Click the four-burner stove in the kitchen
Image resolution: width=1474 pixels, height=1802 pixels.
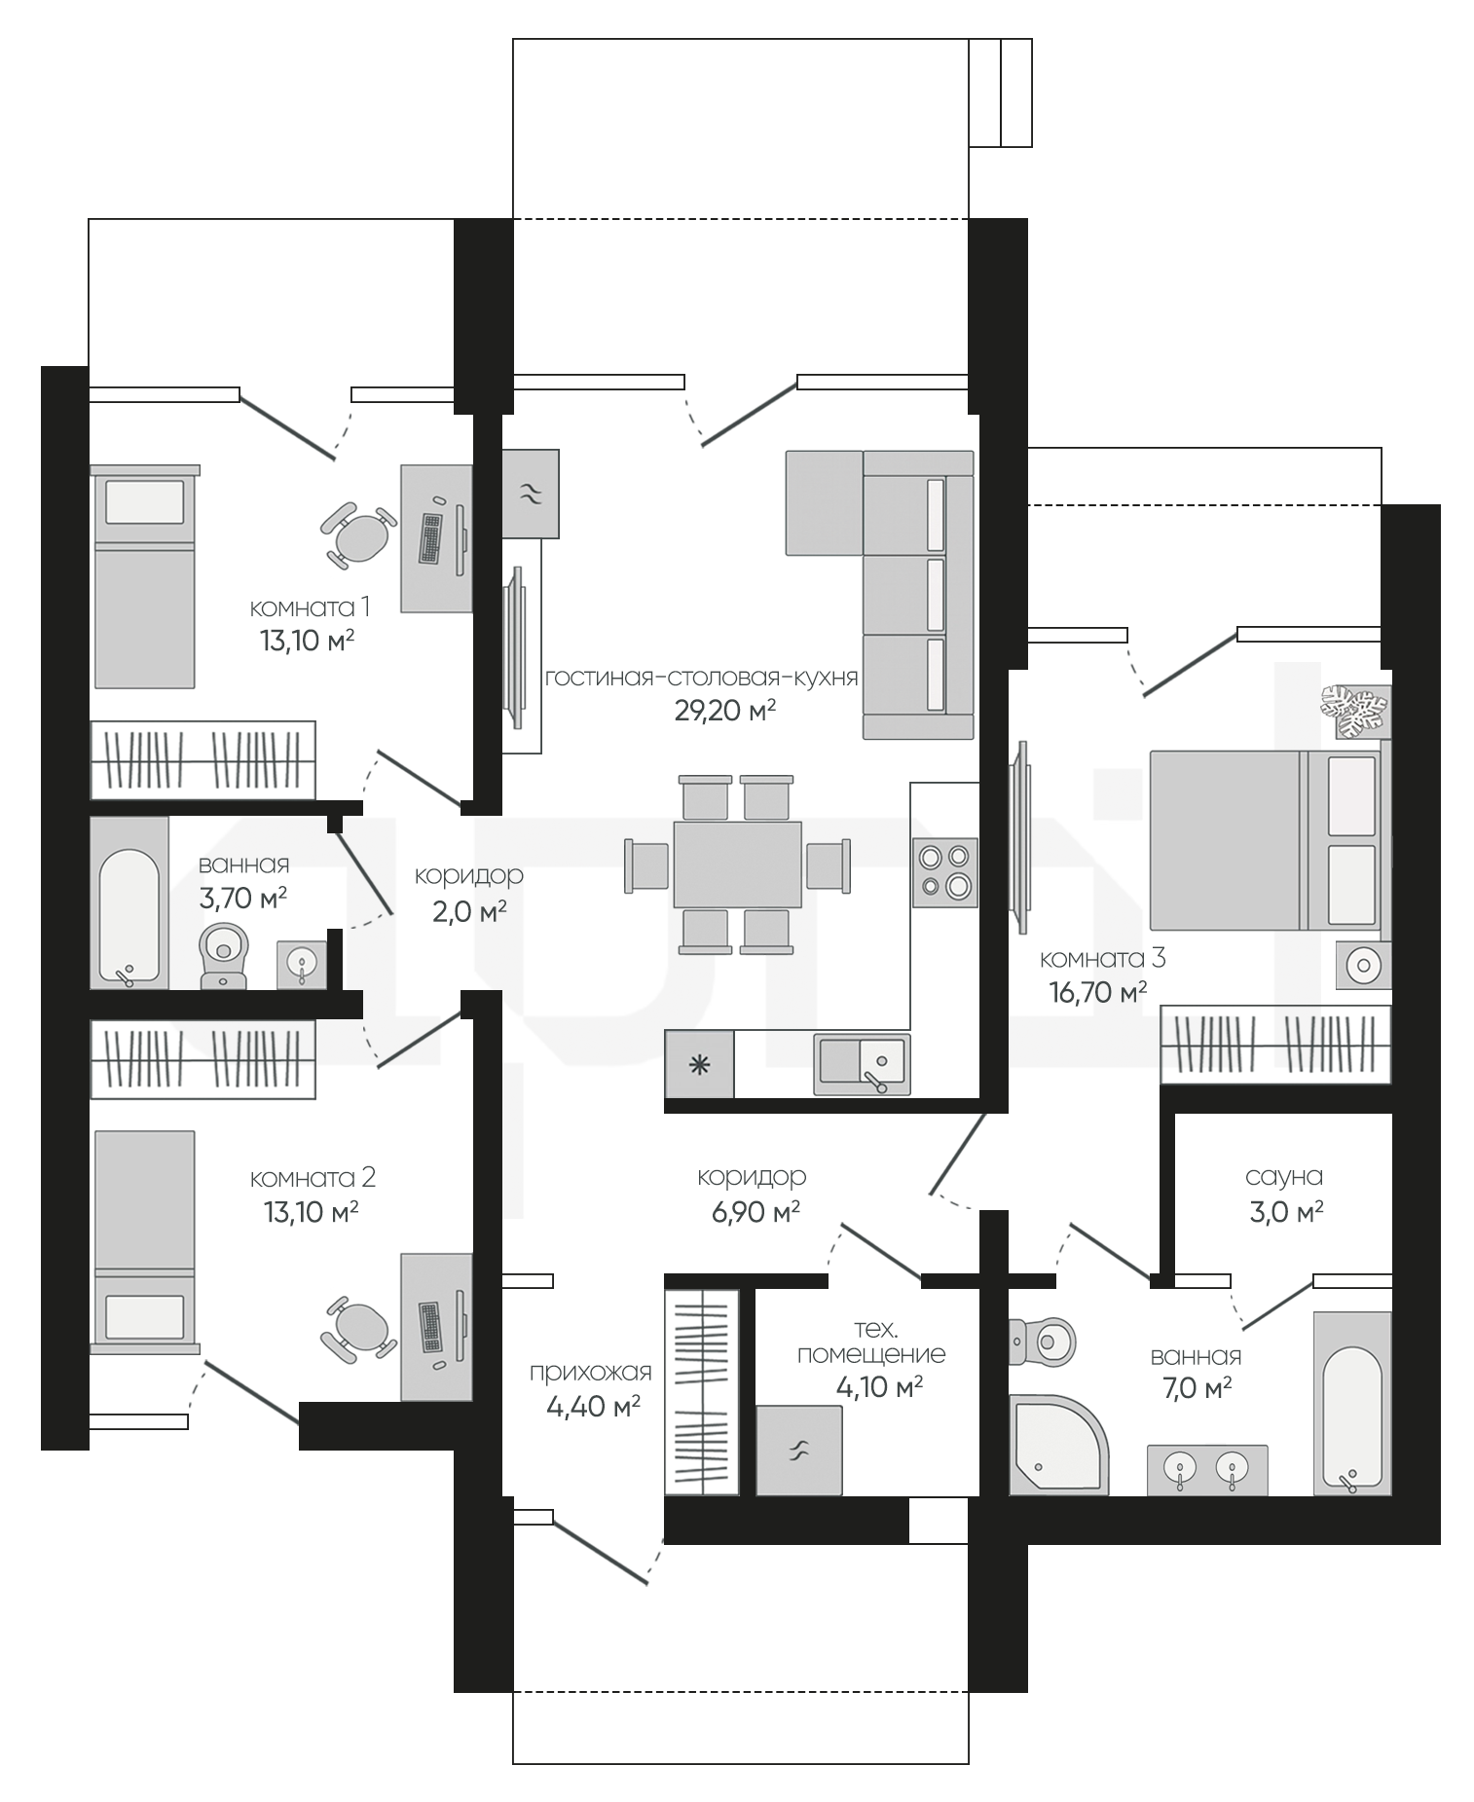point(944,872)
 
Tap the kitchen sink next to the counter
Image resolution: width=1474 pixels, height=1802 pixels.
point(862,1064)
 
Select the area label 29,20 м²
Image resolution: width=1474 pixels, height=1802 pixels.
point(725,711)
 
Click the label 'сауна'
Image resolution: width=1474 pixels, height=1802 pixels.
point(1284,1176)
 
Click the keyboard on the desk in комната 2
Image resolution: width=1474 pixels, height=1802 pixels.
point(429,1326)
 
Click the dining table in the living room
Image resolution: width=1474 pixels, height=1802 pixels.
point(738,864)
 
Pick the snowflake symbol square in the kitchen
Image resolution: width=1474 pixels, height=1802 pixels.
point(699,1064)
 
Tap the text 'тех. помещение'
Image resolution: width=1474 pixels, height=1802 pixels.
point(871,1342)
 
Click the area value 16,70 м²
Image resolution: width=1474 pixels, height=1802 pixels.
point(1097,992)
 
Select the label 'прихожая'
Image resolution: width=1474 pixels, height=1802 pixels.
point(590,1373)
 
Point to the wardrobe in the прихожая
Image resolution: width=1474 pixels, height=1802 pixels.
point(702,1392)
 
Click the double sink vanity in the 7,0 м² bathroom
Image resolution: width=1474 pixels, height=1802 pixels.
point(1207,1469)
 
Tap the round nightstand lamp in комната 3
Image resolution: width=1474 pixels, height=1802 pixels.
point(1363,966)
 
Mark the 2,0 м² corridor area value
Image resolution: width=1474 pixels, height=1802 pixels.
point(469,911)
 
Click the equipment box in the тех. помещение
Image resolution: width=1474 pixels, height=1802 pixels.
point(798,1451)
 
